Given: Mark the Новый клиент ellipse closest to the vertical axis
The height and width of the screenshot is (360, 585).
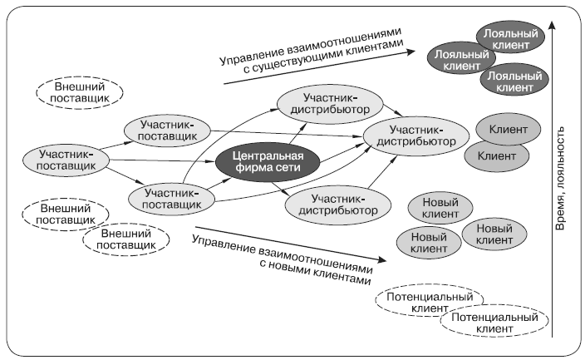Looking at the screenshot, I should tap(494, 233).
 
